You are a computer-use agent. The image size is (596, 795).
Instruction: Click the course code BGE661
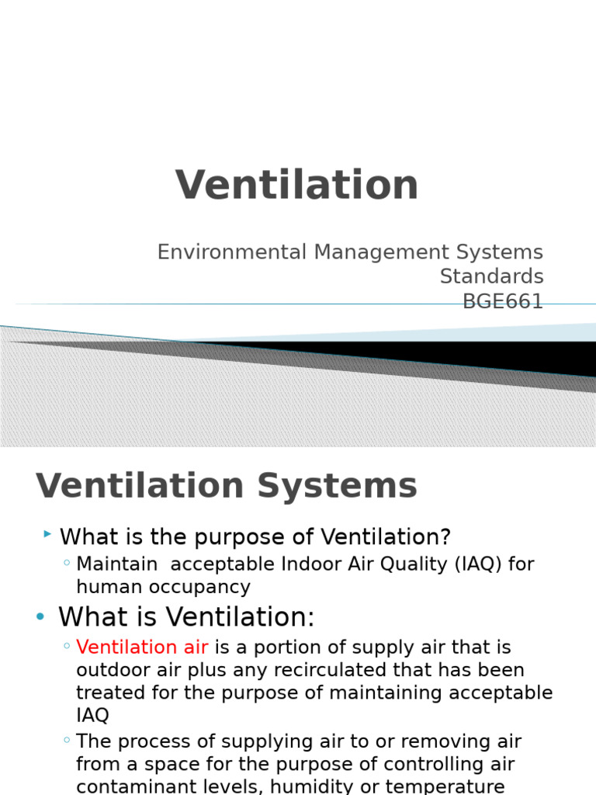pyautogui.click(x=503, y=301)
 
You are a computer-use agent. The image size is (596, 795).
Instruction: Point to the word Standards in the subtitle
pyautogui.click(x=491, y=276)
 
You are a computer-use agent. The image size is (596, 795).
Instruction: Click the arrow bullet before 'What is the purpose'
pyautogui.click(x=47, y=534)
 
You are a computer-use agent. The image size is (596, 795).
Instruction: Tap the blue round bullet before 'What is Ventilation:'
pyautogui.click(x=40, y=616)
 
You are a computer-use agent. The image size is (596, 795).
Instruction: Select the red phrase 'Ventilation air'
pyautogui.click(x=142, y=647)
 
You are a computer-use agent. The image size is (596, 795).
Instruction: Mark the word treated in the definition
pyautogui.click(x=106, y=693)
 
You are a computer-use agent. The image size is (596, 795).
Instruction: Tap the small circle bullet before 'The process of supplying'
pyautogui.click(x=68, y=741)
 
